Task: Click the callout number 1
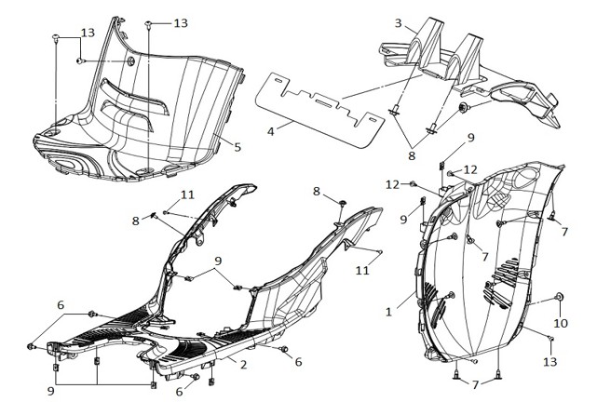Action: coord(388,313)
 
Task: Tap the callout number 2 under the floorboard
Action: coord(244,365)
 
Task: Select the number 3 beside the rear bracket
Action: coord(399,23)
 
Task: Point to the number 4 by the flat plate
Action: coord(271,131)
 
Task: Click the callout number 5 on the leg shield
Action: coord(237,147)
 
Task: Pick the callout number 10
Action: coord(561,323)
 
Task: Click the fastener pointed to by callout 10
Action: coord(560,297)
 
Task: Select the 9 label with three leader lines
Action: coord(51,391)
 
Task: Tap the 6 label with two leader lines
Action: coord(61,305)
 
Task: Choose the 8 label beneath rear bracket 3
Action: coord(412,155)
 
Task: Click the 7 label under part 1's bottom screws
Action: coord(475,385)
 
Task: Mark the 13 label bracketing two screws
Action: coord(88,33)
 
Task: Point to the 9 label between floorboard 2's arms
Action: coord(218,261)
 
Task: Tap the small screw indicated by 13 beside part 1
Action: coord(550,338)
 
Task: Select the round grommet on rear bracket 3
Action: coord(464,108)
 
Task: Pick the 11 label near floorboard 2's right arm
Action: coord(362,270)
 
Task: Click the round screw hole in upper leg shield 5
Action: coord(131,61)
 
